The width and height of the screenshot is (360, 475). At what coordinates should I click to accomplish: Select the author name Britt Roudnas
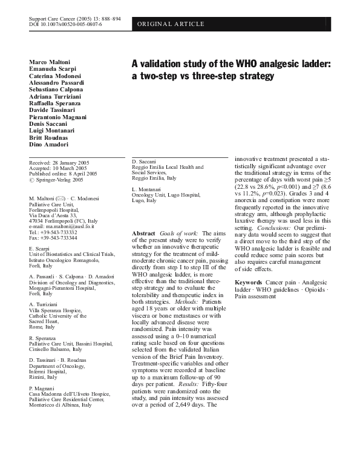point(48,138)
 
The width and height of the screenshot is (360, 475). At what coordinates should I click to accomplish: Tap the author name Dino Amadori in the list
point(48,145)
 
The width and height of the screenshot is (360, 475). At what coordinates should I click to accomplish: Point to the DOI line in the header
point(66,25)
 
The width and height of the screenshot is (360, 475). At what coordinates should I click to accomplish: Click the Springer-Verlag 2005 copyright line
point(59,180)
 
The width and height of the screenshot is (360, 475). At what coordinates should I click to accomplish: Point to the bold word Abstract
point(144,233)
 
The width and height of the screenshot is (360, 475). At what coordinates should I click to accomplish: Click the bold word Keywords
point(249,283)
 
